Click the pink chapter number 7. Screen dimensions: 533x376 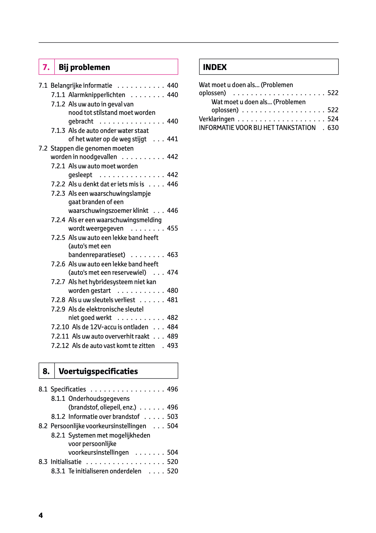[x=46, y=67]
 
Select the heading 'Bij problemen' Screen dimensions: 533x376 [x=84, y=67]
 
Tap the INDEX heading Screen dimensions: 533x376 [x=215, y=67]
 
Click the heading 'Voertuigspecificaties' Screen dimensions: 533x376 [x=98, y=371]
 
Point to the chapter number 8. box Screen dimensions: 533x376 [x=46, y=371]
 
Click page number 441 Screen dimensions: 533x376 [x=172, y=139]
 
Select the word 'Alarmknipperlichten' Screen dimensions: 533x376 [x=97, y=95]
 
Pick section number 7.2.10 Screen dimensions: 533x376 [x=60, y=327]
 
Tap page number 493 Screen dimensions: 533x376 [x=172, y=346]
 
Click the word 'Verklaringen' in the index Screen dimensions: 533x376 [x=217, y=119]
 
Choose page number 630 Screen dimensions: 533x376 [x=333, y=128]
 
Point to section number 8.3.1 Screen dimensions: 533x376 [x=58, y=471]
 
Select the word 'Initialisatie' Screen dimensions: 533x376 [x=66, y=462]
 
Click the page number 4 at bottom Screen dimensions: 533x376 [x=41, y=515]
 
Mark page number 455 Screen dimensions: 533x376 [x=172, y=228]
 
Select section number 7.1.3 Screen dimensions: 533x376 [x=58, y=131]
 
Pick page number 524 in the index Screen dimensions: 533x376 [x=333, y=119]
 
